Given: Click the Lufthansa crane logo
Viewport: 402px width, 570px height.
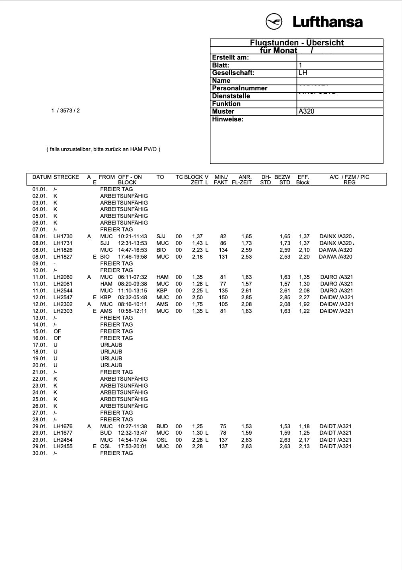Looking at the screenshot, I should tap(274, 21).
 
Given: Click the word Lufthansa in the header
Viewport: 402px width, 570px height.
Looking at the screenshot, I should tap(327, 22).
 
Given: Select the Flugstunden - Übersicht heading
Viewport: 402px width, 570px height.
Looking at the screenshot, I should tap(297, 43).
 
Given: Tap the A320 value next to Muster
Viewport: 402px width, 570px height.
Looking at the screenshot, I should tap(306, 111).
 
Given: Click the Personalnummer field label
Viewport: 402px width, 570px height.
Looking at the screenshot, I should tap(240, 88).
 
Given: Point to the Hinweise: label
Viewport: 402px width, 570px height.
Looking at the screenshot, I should tap(228, 119).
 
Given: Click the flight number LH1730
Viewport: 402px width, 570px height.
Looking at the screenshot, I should tap(63, 237).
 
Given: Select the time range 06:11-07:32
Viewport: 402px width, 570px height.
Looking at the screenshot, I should tap(132, 277).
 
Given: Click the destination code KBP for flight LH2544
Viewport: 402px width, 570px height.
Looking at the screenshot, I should tap(162, 290).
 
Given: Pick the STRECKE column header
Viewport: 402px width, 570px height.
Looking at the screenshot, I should tap(66, 177).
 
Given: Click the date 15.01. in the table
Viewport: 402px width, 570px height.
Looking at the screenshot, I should tap(40, 331).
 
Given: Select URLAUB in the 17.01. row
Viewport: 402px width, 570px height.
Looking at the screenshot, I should tap(111, 345).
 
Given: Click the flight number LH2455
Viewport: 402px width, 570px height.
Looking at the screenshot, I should tap(63, 446).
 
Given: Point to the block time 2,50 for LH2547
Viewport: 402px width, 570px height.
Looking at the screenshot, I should tap(197, 297).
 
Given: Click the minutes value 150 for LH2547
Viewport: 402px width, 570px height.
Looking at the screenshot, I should tap(223, 297).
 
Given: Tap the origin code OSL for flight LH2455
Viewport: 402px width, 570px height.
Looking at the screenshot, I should tap(106, 446).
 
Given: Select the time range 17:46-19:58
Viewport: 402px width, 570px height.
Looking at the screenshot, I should tap(132, 257).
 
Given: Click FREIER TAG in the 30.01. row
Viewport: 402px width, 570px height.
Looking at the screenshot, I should tap(116, 453).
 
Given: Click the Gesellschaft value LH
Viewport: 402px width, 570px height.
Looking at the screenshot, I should tap(303, 73).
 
